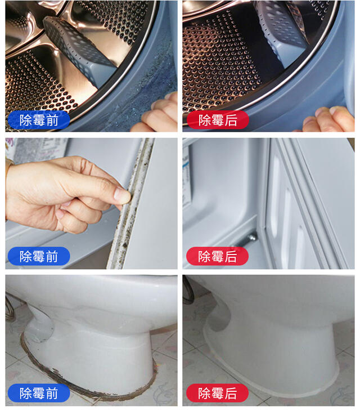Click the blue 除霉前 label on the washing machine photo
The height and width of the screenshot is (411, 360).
pyautogui.click(x=38, y=120)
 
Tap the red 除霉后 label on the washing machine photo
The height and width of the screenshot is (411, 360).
pyautogui.click(x=217, y=120)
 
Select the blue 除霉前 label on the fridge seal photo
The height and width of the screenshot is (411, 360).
pyautogui.click(x=38, y=257)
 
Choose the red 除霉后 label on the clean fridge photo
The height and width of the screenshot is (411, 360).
pyautogui.click(x=217, y=257)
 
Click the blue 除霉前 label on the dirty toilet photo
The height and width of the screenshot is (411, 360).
pyautogui.click(x=38, y=393)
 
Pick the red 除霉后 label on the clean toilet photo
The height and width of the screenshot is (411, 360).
pyautogui.click(x=217, y=393)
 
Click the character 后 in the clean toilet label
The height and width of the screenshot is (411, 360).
pyautogui.click(x=231, y=393)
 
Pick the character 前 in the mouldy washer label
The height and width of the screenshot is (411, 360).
pyautogui.click(x=52, y=120)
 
